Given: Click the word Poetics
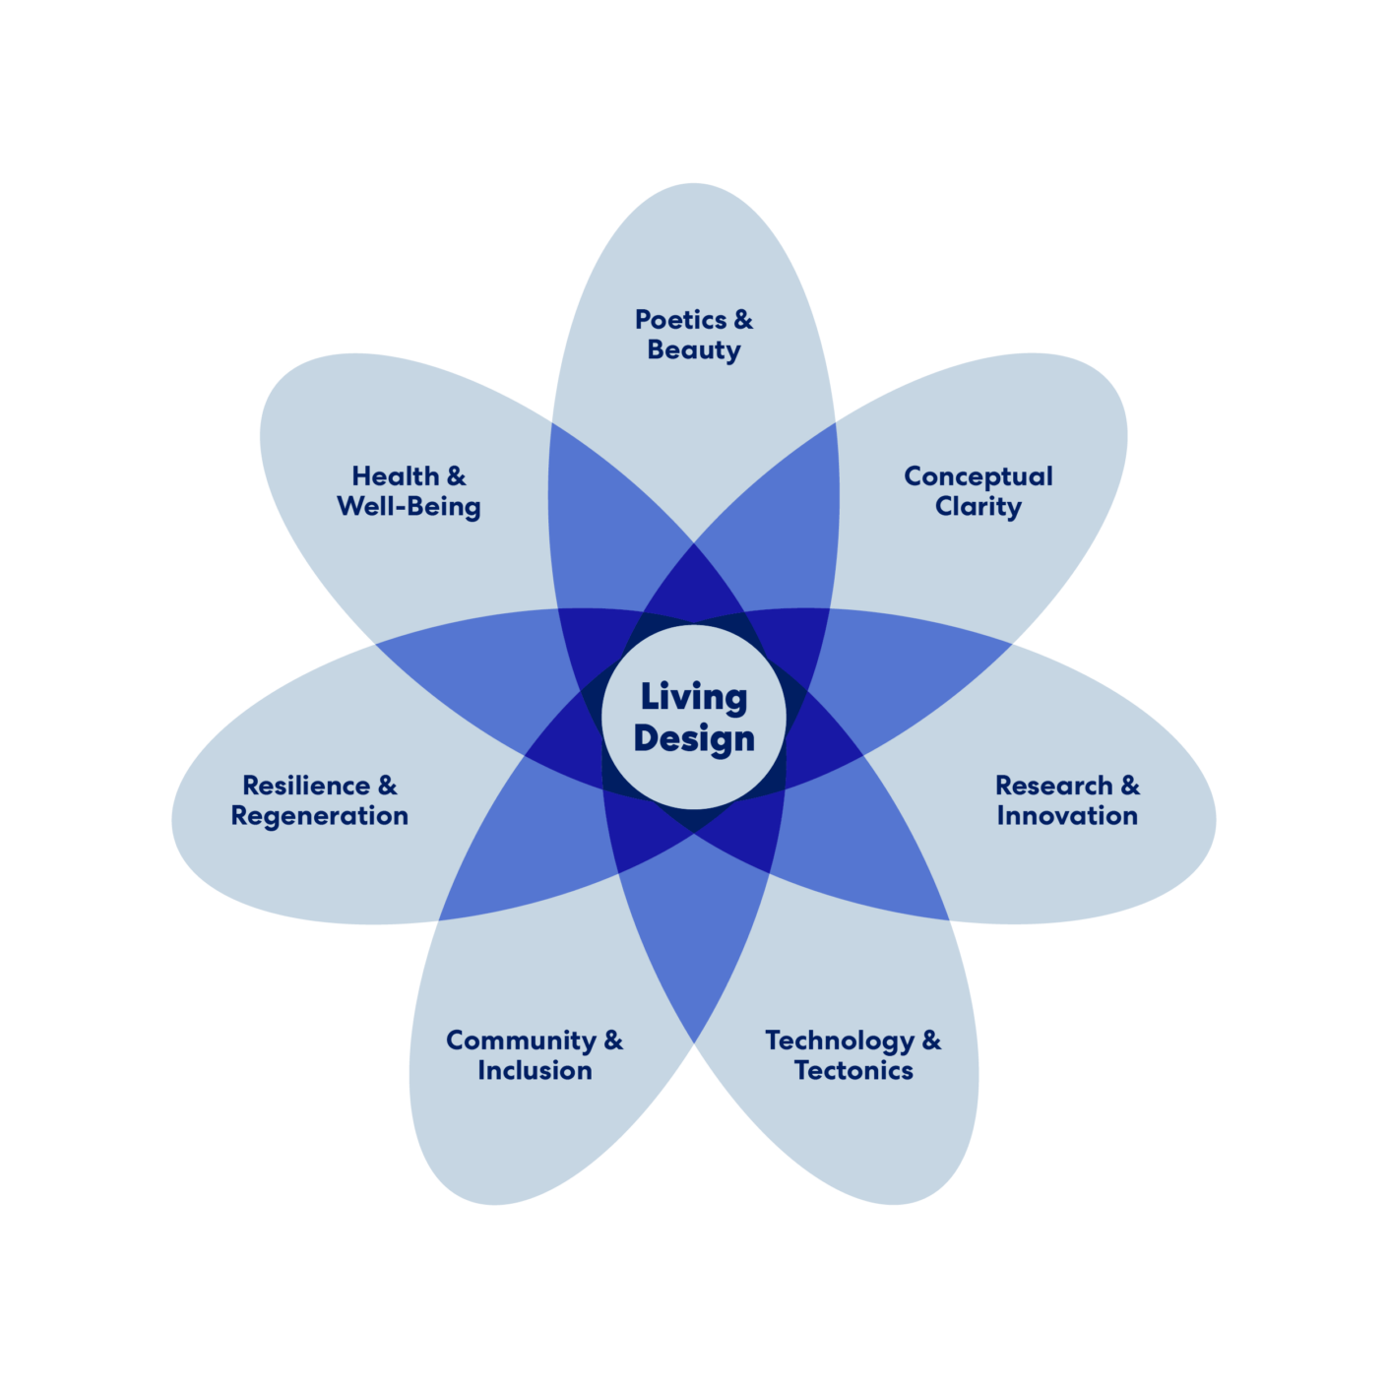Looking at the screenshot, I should point(680,320).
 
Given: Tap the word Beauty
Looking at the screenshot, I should point(694,350).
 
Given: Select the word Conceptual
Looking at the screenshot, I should point(978,476).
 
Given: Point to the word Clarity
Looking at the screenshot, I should point(978,507).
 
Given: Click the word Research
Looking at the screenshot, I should point(1053,786).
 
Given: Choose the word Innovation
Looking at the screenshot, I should point(1067,816).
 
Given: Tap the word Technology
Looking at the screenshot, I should point(840,1041).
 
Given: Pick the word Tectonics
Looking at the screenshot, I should point(853,1071).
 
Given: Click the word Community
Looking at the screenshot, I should point(521,1041).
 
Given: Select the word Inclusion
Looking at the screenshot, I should point(535,1071).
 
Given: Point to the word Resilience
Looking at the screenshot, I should point(306,786).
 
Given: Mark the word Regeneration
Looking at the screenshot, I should point(319,816).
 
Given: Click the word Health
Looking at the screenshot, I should point(395,476).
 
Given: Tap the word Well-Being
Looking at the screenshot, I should point(409,507).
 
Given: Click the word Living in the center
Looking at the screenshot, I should point(694,697).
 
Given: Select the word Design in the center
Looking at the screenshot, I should point(694,738).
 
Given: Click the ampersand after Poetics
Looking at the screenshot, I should point(743,320).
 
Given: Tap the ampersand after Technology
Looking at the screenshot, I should point(931,1041).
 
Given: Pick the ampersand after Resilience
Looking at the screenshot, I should point(388,786).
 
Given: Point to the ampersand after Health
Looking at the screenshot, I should point(457,476).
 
